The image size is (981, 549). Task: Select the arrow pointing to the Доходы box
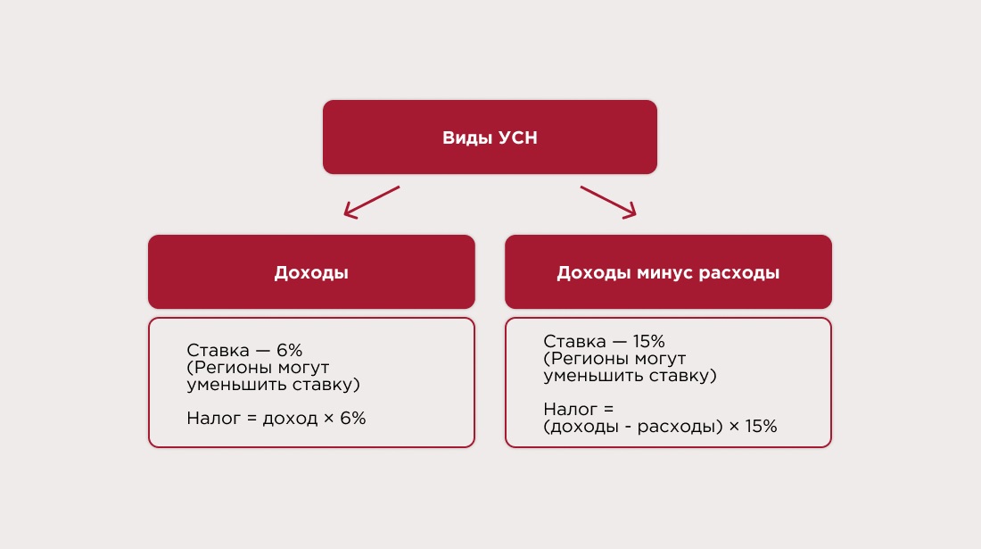click(372, 203)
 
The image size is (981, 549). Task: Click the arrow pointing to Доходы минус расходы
click(608, 203)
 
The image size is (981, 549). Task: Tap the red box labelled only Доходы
click(311, 271)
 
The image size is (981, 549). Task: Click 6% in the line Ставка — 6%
click(290, 350)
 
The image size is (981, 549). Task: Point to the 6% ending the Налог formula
click(353, 418)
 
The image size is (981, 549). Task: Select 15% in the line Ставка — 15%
click(648, 341)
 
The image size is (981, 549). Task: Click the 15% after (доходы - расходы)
click(762, 427)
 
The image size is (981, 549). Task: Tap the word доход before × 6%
click(290, 419)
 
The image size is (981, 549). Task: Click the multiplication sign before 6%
click(328, 419)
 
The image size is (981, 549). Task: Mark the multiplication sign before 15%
click(734, 427)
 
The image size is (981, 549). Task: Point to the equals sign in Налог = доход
click(251, 418)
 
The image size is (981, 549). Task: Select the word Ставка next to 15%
click(575, 341)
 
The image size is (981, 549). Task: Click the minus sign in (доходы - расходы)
click(628, 427)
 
